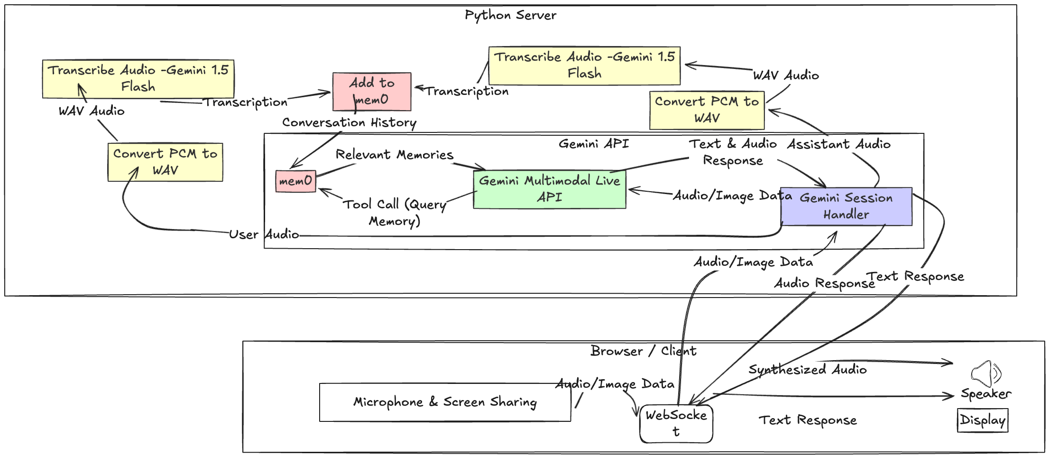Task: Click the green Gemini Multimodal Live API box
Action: (x=549, y=189)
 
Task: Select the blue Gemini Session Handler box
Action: (x=846, y=206)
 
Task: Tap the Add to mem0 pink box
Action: (x=372, y=92)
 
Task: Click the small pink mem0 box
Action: (x=295, y=181)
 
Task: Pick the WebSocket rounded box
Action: (x=676, y=423)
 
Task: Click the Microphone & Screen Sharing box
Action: (x=445, y=402)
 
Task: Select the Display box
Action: (x=983, y=420)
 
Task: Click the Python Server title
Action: (x=510, y=15)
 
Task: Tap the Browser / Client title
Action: (x=643, y=351)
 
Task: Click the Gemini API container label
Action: (x=593, y=144)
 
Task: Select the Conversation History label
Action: (x=349, y=123)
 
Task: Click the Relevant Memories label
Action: (x=394, y=155)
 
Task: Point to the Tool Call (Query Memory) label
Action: (x=395, y=213)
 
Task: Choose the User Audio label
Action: (x=264, y=234)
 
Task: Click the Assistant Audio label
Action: (x=838, y=144)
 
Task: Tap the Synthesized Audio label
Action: (x=807, y=370)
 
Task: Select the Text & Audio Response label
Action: (x=733, y=152)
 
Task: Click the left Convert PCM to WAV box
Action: (x=165, y=162)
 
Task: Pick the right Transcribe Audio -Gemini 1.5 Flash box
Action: (x=584, y=65)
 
